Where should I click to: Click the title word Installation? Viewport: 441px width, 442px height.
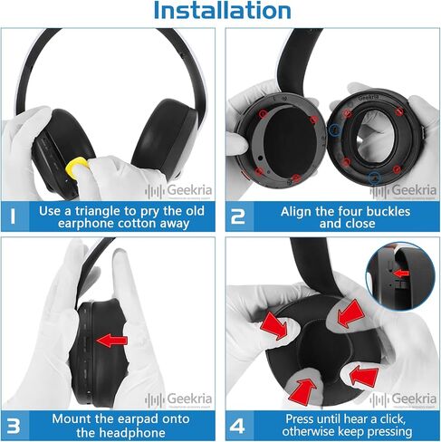[x=222, y=11]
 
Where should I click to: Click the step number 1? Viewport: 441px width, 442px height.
[x=13, y=216]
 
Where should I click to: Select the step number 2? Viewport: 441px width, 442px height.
[x=238, y=216]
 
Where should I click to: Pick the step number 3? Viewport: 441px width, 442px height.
[x=14, y=426]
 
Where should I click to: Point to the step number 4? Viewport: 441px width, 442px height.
[x=237, y=426]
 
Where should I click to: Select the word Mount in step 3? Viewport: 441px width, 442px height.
[x=72, y=419]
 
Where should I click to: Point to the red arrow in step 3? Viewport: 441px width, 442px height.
[x=112, y=341]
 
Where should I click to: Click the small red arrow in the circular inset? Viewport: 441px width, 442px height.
[x=402, y=274]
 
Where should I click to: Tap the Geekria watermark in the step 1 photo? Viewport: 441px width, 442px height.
[x=178, y=191]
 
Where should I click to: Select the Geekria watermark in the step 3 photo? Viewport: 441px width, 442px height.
[x=178, y=399]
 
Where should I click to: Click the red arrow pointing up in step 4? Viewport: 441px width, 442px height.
[x=302, y=390]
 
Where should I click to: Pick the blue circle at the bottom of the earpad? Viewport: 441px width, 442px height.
[x=374, y=178]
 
